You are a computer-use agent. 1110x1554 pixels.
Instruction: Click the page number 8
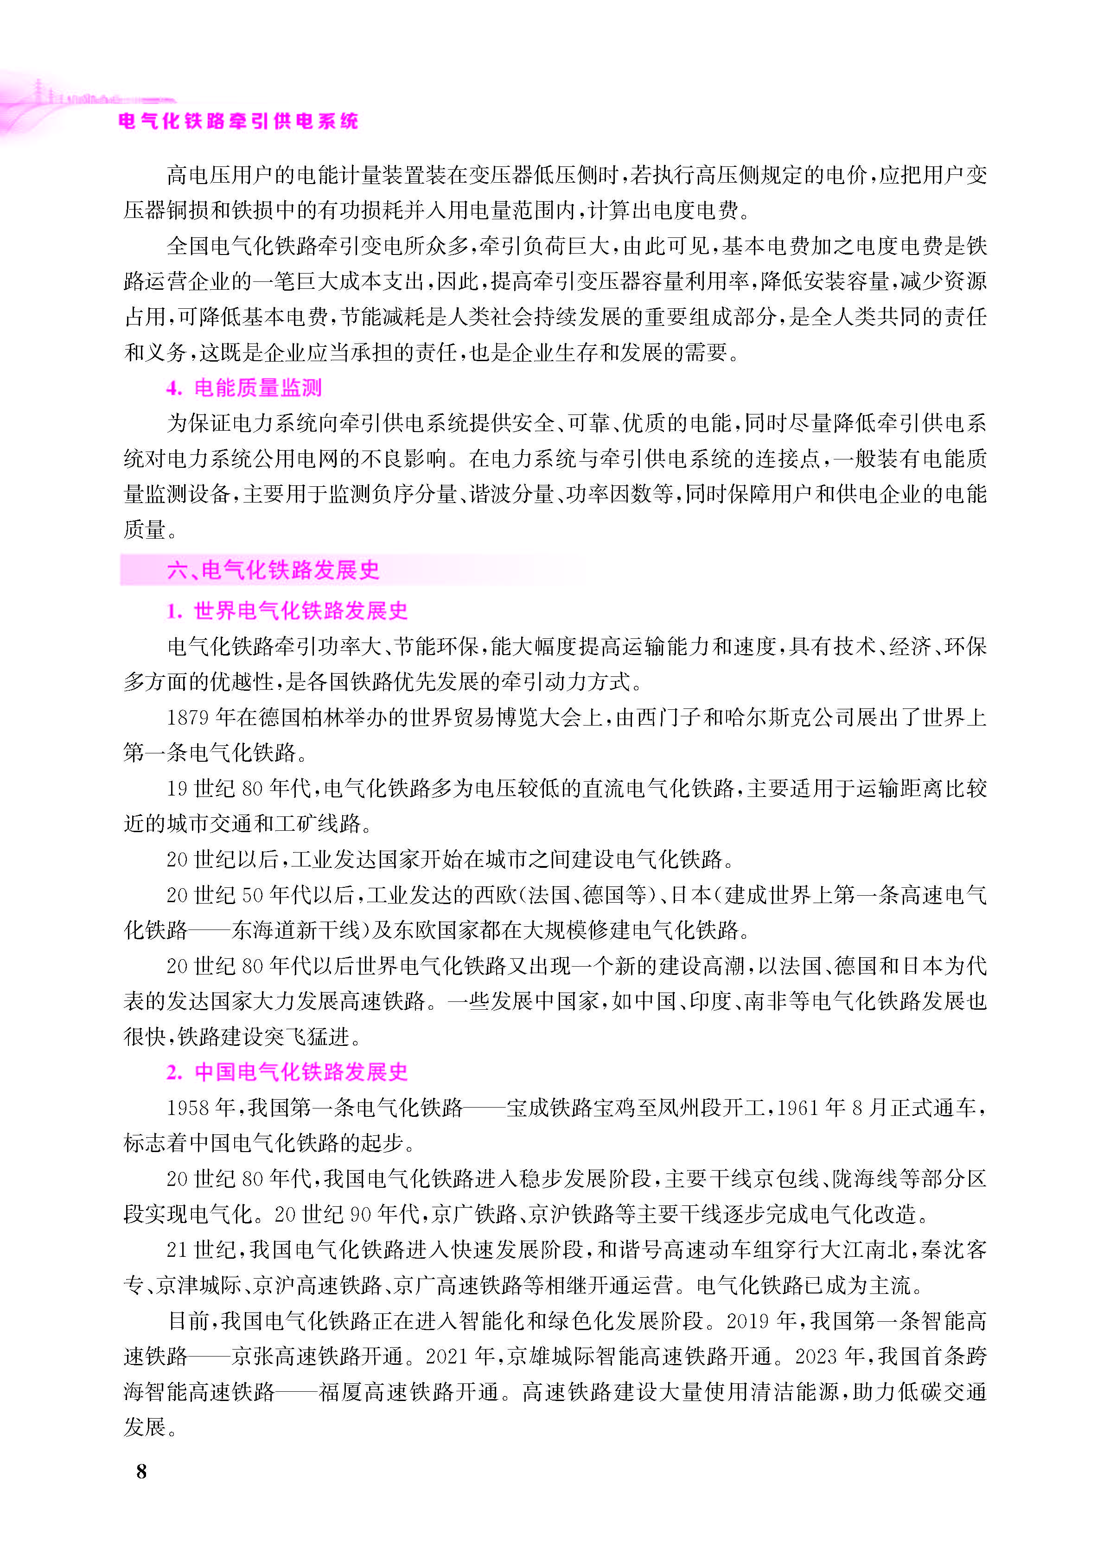(x=141, y=1471)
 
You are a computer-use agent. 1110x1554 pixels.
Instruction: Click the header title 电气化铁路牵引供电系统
(x=238, y=121)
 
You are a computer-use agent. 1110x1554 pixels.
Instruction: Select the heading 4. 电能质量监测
(x=244, y=388)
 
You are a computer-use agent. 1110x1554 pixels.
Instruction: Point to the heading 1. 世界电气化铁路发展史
(x=287, y=610)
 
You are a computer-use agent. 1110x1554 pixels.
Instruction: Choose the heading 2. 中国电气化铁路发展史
(x=287, y=1071)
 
